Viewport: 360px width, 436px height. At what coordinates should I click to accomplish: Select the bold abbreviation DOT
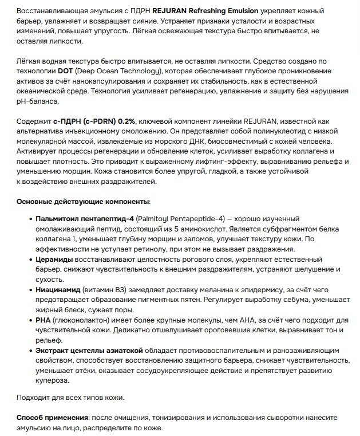tap(66, 70)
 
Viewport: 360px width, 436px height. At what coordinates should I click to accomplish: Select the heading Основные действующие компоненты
tap(83, 202)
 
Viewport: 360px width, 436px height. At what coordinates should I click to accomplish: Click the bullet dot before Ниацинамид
tap(29, 290)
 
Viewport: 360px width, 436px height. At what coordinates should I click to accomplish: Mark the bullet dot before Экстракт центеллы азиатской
tap(29, 350)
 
